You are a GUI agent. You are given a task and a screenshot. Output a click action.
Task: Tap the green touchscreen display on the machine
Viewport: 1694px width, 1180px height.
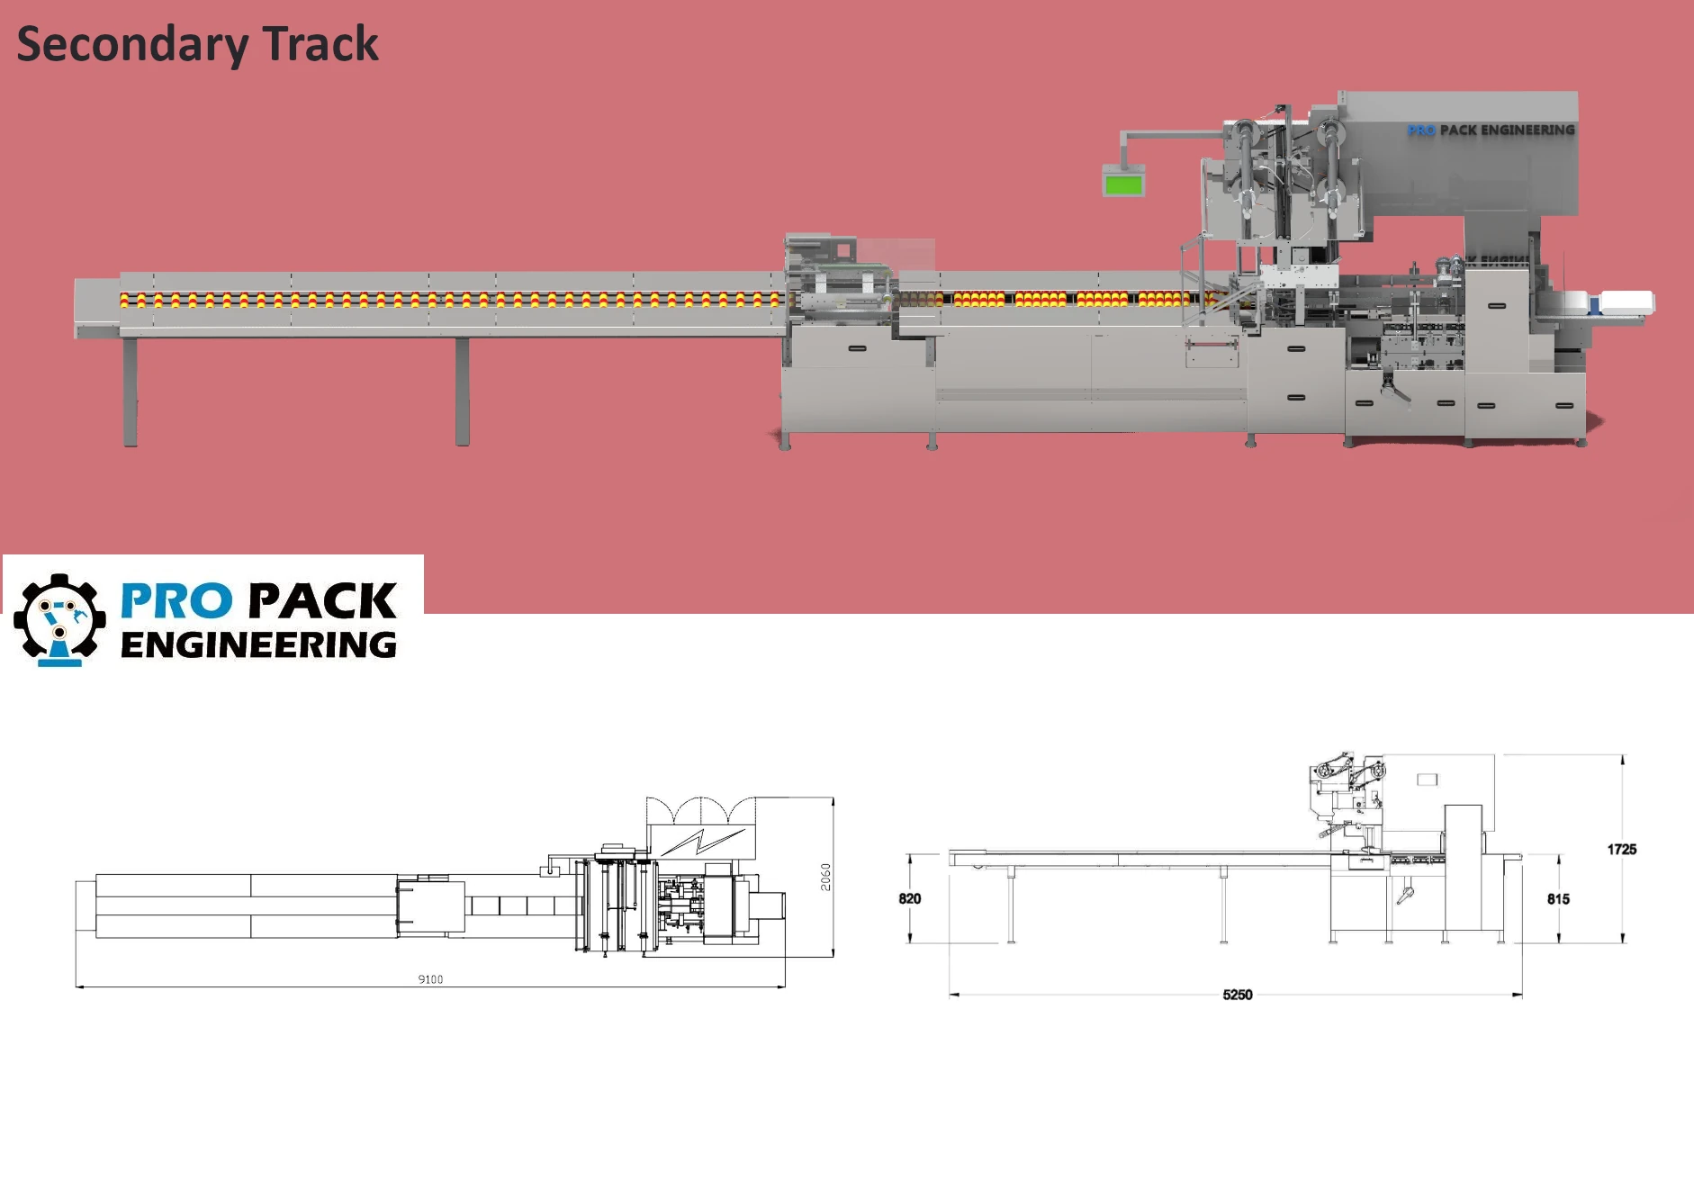click(1123, 185)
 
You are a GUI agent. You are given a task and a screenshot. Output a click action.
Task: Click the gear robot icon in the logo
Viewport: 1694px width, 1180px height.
click(59, 620)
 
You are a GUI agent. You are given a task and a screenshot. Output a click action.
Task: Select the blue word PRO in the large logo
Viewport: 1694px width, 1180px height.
click(176, 601)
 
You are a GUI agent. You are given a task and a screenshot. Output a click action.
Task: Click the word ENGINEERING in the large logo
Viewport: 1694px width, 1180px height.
click(258, 645)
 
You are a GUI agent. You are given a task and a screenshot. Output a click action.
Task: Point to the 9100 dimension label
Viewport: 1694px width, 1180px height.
click(430, 979)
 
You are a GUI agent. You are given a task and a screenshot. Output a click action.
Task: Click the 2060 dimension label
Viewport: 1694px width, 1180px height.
click(825, 876)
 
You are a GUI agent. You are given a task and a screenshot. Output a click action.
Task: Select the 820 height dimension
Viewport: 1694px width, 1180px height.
click(909, 898)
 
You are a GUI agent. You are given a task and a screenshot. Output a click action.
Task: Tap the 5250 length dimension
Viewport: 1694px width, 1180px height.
click(1237, 995)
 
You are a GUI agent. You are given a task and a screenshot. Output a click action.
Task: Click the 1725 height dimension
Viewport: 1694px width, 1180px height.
click(1621, 849)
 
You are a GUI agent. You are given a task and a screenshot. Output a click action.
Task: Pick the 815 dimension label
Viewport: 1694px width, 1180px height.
click(1558, 898)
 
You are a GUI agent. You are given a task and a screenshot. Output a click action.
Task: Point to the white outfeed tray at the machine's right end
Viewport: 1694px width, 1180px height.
click(1626, 302)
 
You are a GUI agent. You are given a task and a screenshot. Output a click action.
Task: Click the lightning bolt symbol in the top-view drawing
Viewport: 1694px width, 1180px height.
click(698, 842)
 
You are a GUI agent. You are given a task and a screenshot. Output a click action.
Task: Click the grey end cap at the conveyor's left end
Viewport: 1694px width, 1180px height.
click(95, 307)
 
